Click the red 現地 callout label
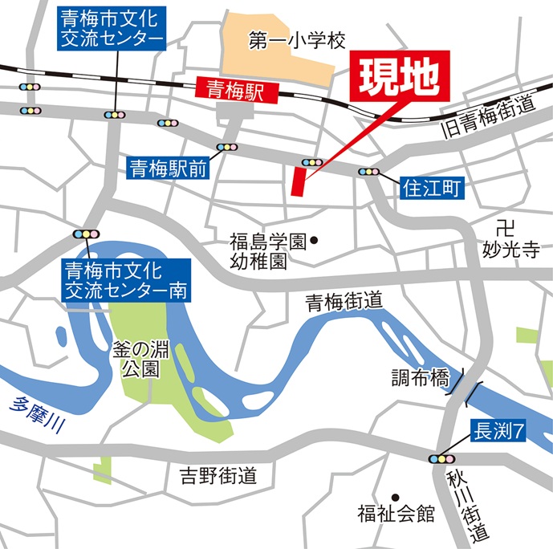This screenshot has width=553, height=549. click(398, 77)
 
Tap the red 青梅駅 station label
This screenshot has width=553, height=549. click(237, 90)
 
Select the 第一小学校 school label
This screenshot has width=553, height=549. click(296, 39)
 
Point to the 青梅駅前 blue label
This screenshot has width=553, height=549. click(169, 168)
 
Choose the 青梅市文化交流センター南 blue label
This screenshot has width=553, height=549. click(126, 279)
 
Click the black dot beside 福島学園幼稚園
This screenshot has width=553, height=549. click(315, 240)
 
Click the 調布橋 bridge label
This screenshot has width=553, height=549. click(420, 378)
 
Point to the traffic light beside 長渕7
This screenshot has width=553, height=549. click(441, 459)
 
